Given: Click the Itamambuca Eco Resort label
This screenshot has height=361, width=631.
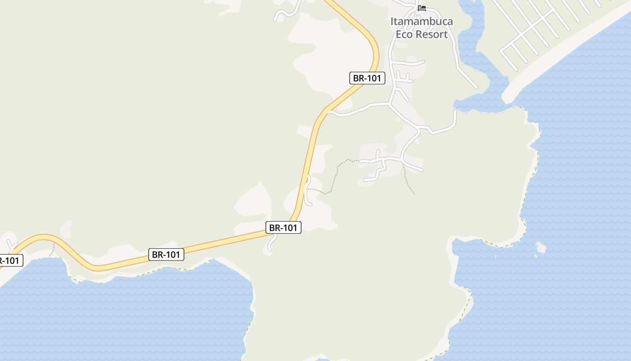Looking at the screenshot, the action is click(x=422, y=28).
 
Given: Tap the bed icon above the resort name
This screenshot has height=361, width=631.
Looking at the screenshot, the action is click(x=422, y=8).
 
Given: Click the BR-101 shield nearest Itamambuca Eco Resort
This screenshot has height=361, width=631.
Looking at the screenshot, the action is click(x=367, y=78).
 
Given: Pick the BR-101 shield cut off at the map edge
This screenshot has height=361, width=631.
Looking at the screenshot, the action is click(x=9, y=260).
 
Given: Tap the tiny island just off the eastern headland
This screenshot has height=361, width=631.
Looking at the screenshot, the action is click(x=541, y=248).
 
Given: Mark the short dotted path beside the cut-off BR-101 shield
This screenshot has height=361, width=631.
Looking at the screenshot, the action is click(x=53, y=249).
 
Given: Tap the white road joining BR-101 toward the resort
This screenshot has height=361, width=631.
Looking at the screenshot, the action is click(x=356, y=110).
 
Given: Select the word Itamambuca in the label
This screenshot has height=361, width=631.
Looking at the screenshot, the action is click(x=422, y=21).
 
